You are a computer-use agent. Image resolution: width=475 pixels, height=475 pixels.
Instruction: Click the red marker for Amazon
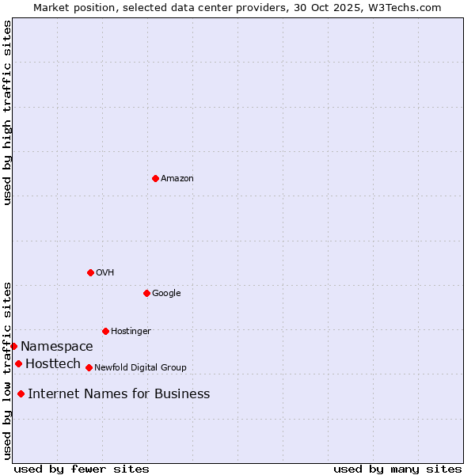tap(155, 178)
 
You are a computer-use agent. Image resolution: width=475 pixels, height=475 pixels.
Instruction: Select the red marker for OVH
tap(90, 272)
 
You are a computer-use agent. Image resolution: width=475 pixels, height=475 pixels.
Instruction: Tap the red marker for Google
tap(146, 293)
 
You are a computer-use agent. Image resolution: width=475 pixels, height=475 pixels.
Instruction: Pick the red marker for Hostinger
tap(105, 331)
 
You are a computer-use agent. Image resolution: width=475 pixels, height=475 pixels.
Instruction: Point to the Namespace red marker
tap(13, 346)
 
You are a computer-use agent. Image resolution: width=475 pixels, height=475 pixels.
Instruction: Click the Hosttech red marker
tap(18, 363)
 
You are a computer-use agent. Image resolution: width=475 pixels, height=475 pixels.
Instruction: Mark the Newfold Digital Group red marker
tap(89, 367)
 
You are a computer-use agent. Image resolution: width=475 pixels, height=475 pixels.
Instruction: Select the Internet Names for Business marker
tap(21, 393)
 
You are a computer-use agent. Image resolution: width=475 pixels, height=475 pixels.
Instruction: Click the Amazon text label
tap(177, 179)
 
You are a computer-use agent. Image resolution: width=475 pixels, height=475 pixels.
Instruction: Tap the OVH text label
tap(105, 273)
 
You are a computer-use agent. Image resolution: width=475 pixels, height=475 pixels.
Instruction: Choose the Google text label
tap(166, 294)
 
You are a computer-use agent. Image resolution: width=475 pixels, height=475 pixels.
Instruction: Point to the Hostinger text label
tap(131, 332)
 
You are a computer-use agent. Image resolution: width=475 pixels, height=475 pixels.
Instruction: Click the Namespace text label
tap(57, 347)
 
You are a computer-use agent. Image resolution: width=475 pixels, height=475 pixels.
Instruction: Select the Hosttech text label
tap(53, 364)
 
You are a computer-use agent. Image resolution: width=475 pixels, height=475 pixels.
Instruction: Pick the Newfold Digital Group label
tap(140, 368)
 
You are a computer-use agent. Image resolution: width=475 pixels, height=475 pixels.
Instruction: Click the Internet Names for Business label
tap(119, 394)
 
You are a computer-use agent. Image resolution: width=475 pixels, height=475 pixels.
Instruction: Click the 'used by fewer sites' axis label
tap(82, 469)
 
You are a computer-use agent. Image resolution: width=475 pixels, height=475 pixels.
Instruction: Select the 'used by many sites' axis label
tap(397, 469)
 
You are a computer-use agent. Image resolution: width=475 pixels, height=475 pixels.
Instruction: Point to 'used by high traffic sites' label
tap(7, 112)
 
